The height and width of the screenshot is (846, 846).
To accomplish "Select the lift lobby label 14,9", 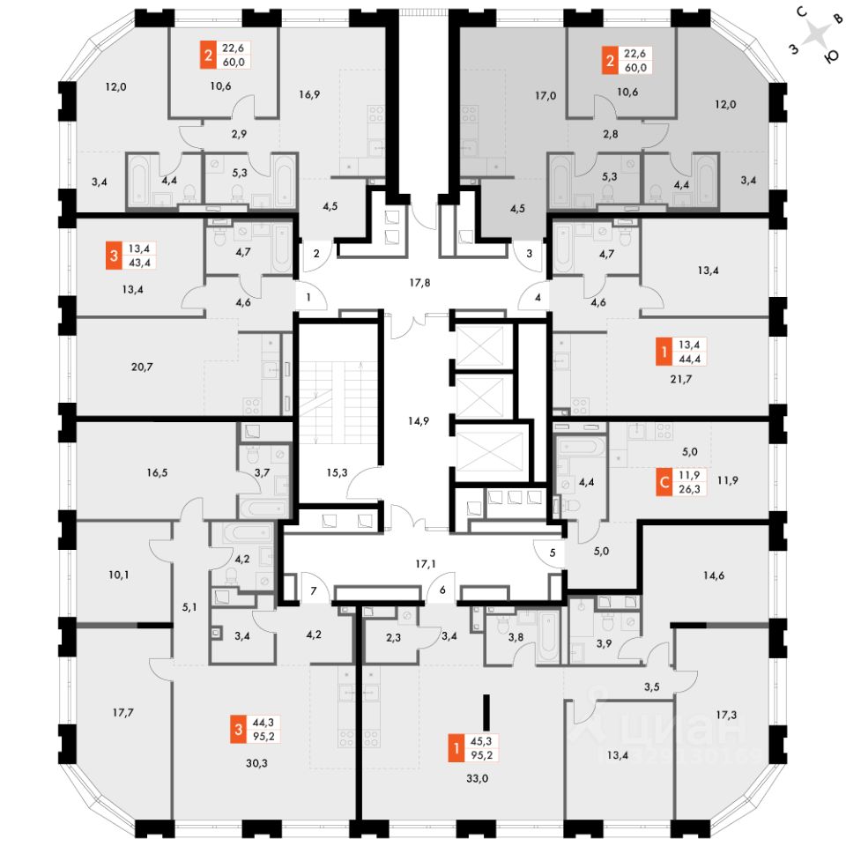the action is pyautogui.click(x=419, y=419).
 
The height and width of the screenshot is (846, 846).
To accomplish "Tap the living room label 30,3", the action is pyautogui.click(x=257, y=763).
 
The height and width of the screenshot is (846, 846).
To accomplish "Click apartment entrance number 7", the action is pyautogui.click(x=312, y=589).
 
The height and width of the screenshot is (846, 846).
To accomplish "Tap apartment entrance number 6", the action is pyautogui.click(x=442, y=590).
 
